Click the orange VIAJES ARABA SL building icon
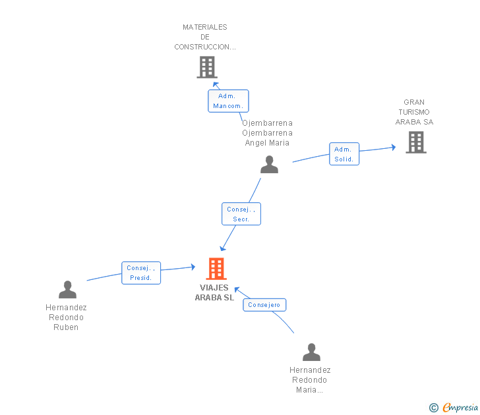tap(216, 269)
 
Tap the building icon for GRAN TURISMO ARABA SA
tap(416, 142)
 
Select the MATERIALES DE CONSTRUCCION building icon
tap(207, 67)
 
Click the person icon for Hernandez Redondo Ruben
tap(68, 290)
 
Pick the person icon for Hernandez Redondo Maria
tap(312, 352)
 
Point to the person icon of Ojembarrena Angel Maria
tap(270, 164)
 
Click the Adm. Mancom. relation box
tap(228, 101)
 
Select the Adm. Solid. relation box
tap(344, 154)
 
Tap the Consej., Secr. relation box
tap(241, 214)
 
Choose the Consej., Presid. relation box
tap(141, 273)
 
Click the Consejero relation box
tap(264, 305)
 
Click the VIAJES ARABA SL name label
tap(214, 292)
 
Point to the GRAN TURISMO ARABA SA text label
tap(414, 112)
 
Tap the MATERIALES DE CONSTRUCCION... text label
tap(205, 37)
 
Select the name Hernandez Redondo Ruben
tap(66, 317)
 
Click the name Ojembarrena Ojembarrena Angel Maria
tap(267, 132)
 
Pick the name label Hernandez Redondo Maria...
tap(310, 380)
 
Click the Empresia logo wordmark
tap(460, 407)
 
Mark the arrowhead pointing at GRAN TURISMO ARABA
tap(394, 148)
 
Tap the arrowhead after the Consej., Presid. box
tap(193, 267)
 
